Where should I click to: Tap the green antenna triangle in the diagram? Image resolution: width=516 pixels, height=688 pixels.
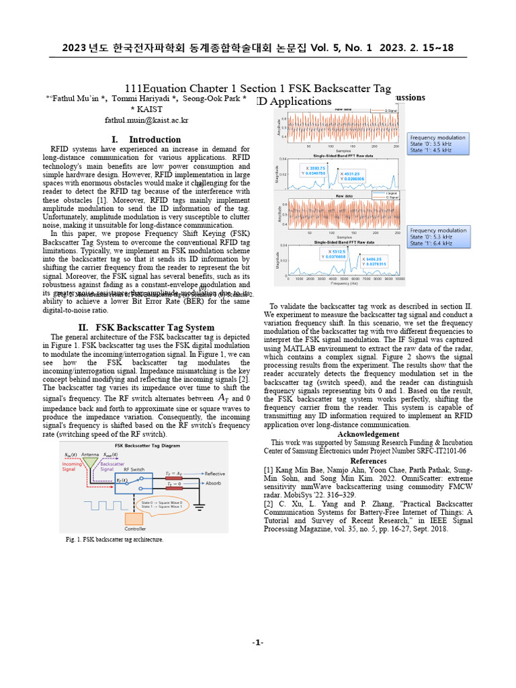coord(90,464)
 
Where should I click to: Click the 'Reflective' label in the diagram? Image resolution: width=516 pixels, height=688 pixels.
coord(215,474)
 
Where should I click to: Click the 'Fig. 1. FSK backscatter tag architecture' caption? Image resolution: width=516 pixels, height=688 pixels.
coord(114,540)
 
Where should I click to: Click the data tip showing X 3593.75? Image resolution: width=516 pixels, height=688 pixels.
coord(316,171)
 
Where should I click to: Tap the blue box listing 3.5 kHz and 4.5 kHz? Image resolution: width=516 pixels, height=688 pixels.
coord(437,143)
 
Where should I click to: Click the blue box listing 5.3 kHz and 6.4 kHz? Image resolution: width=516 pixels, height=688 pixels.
coord(437,236)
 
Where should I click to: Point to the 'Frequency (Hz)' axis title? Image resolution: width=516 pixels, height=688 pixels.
coord(343,283)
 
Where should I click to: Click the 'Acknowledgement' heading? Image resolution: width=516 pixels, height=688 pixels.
coord(368,434)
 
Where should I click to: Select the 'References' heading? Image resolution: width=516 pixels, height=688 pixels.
coord(369,461)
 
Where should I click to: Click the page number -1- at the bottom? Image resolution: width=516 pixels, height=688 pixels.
coord(258,643)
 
